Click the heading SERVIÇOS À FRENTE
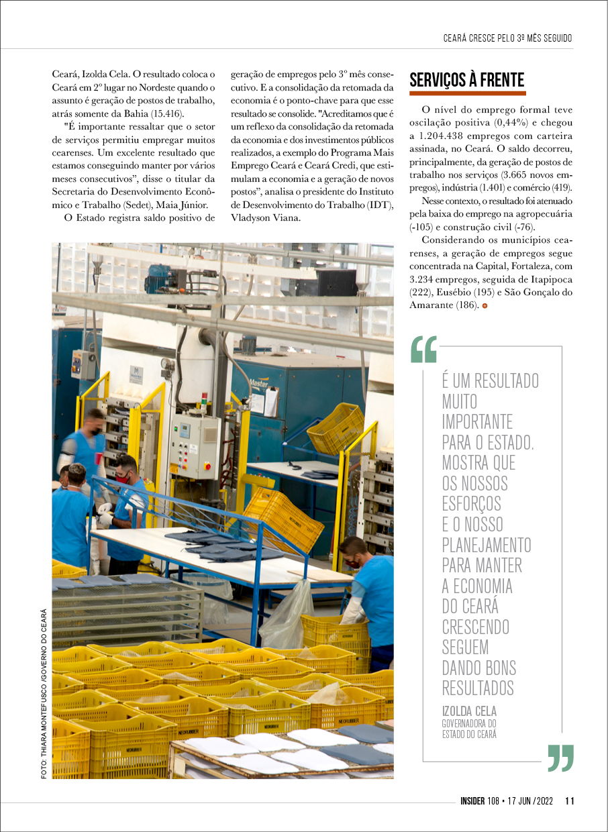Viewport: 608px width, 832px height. [466, 81]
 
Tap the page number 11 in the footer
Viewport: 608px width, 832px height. [569, 800]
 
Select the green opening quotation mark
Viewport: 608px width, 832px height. [423, 349]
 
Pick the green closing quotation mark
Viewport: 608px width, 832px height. [560, 758]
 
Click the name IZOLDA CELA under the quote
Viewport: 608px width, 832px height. [469, 711]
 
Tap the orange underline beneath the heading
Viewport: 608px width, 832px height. [468, 93]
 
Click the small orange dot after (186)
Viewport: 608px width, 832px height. [485, 306]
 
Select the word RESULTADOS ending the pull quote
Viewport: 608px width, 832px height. [478, 688]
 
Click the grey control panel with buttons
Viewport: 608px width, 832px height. [195, 446]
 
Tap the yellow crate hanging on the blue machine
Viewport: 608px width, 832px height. [335, 428]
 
